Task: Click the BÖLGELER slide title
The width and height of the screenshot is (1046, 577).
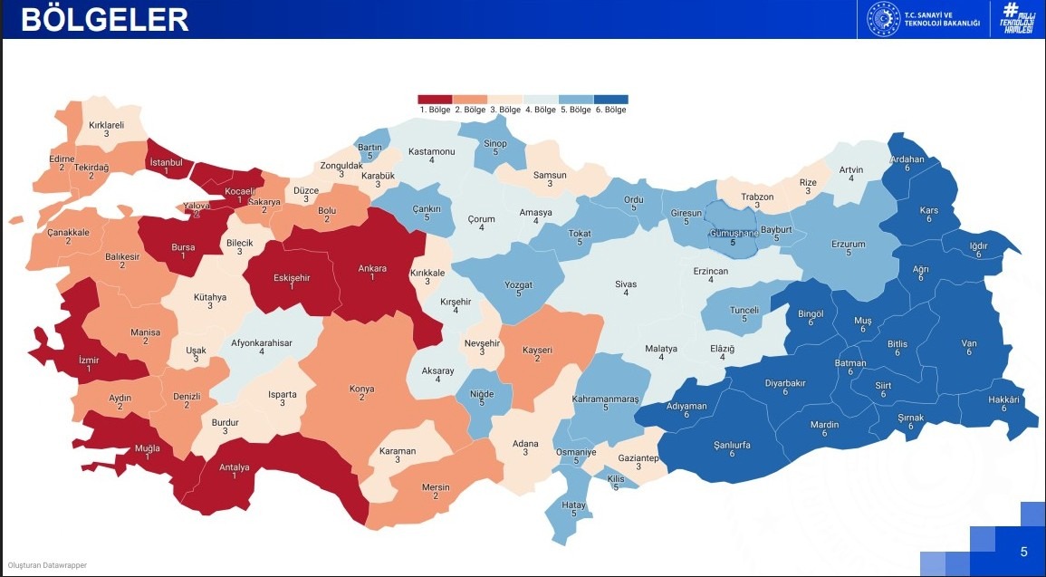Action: pos(105,19)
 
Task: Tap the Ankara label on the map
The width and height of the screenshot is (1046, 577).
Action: pos(371,268)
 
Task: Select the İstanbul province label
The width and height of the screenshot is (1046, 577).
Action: pos(166,162)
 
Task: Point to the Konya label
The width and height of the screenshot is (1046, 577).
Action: pos(361,389)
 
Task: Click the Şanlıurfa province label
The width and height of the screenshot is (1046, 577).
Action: pos(732,445)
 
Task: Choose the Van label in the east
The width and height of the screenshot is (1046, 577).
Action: pos(968,343)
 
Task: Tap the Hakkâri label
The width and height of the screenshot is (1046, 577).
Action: pos(1003,400)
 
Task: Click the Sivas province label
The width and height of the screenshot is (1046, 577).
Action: pos(626,284)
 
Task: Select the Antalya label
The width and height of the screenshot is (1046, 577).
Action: pos(234,468)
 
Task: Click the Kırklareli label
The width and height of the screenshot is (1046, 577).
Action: pos(106,126)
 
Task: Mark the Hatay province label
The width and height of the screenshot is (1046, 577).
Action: pos(574,505)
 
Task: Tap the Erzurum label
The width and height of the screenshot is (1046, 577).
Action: pos(849,245)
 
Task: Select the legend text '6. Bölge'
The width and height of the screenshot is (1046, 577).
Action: pos(610,110)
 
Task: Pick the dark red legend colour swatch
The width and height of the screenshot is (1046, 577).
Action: pos(435,99)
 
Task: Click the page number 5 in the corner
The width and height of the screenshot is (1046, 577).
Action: pos(1023,552)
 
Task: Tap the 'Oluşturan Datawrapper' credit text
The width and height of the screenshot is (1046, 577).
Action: pos(47,566)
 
